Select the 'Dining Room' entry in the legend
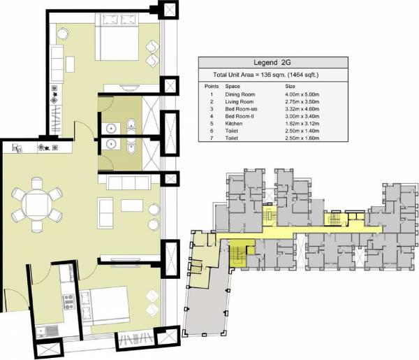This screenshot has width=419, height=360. point(237,94)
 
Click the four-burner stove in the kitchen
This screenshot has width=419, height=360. point(69,302)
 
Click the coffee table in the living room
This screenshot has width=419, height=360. point(131,206)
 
